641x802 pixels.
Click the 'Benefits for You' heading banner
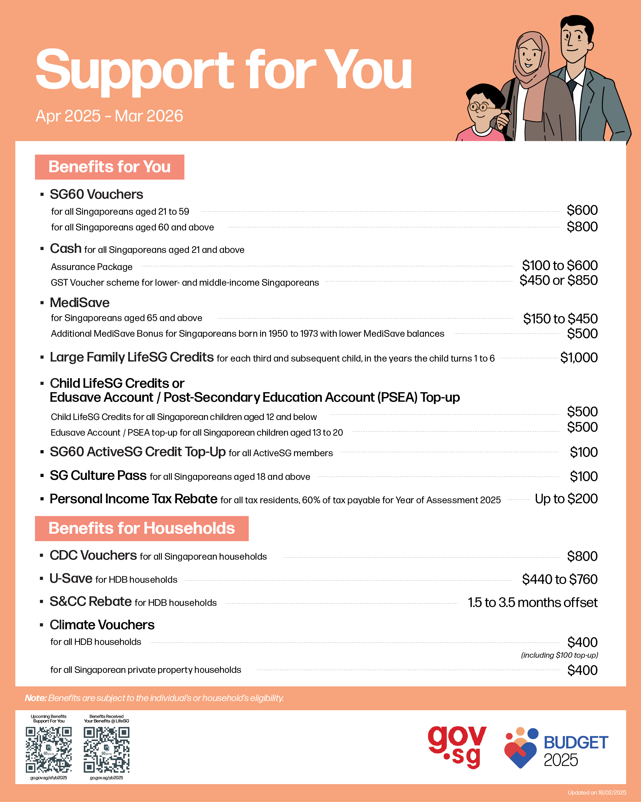tap(109, 167)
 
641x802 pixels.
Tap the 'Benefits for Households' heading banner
tap(142, 528)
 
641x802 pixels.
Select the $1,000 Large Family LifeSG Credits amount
tap(579, 358)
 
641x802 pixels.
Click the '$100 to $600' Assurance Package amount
tap(560, 266)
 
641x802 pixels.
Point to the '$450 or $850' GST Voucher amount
tap(558, 281)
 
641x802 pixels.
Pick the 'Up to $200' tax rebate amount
tap(566, 499)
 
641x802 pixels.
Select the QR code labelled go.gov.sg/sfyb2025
tap(48, 750)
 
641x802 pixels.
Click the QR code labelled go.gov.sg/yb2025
tap(106, 750)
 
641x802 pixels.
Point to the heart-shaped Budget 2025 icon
tap(520, 748)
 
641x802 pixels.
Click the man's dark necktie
tap(572, 89)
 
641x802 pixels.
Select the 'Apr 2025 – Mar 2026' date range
tap(109, 116)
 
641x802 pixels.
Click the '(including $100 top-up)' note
tap(559, 655)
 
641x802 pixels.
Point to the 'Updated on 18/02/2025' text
tap(597, 792)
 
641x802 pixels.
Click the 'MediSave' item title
tap(79, 303)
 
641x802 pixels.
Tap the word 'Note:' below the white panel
tap(36, 698)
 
